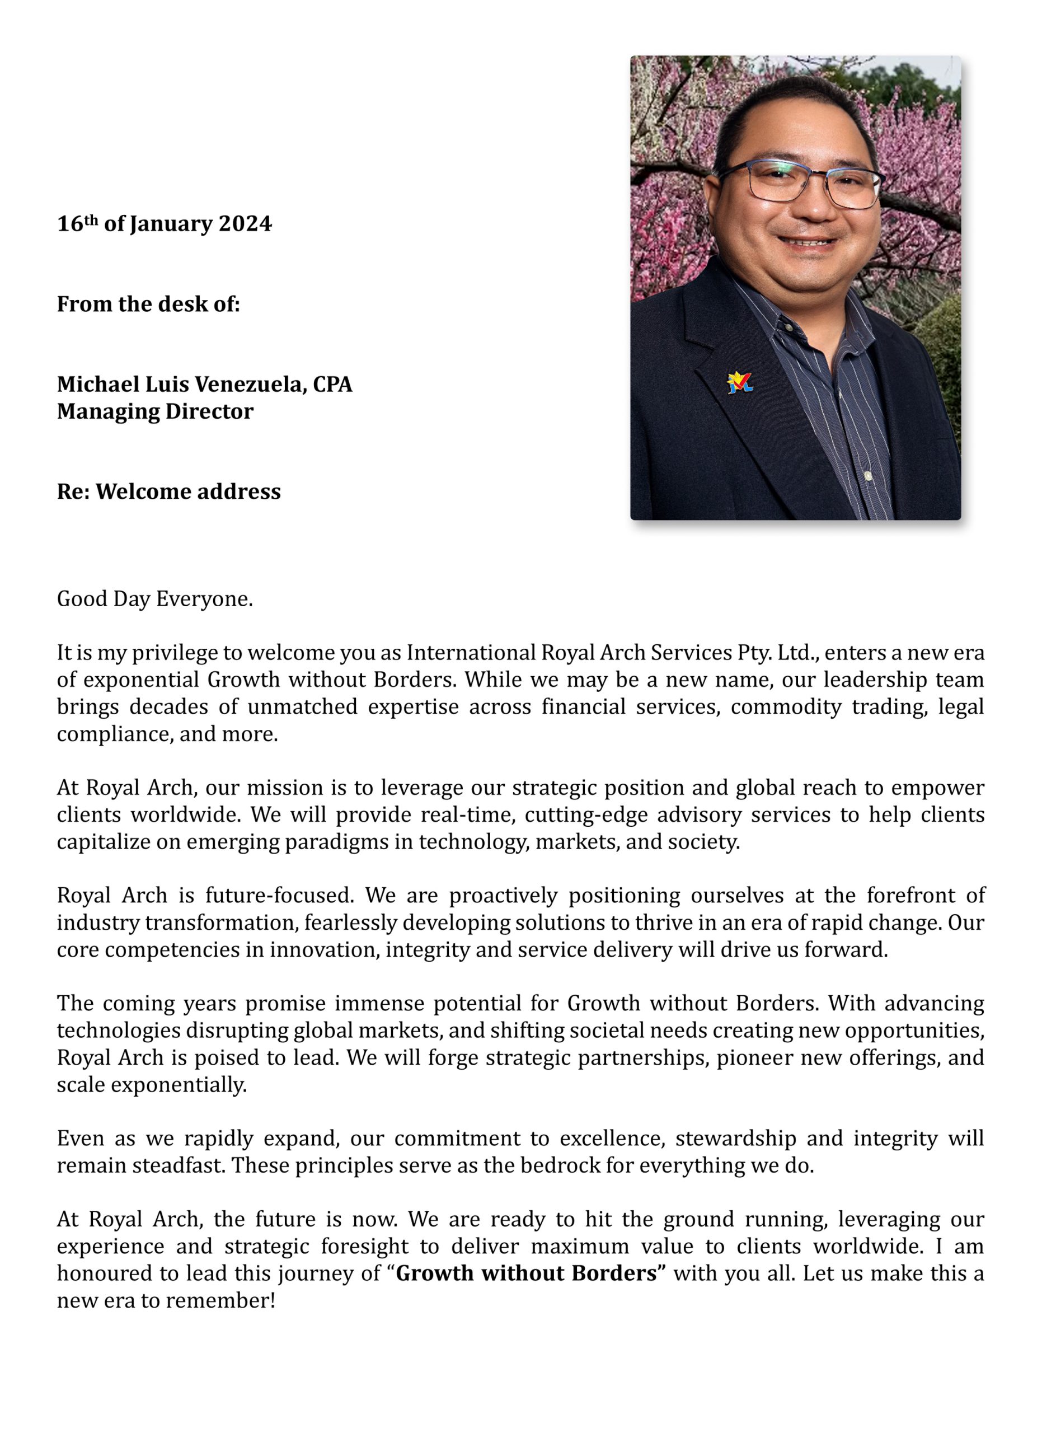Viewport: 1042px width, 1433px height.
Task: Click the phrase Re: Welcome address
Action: [168, 491]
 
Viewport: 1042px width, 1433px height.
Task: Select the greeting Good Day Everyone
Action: [154, 598]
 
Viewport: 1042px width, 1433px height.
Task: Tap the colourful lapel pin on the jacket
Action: [739, 382]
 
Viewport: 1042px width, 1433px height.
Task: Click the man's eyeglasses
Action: [801, 182]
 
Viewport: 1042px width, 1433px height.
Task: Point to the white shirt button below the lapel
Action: [868, 475]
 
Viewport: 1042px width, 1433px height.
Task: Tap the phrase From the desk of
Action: [148, 304]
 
